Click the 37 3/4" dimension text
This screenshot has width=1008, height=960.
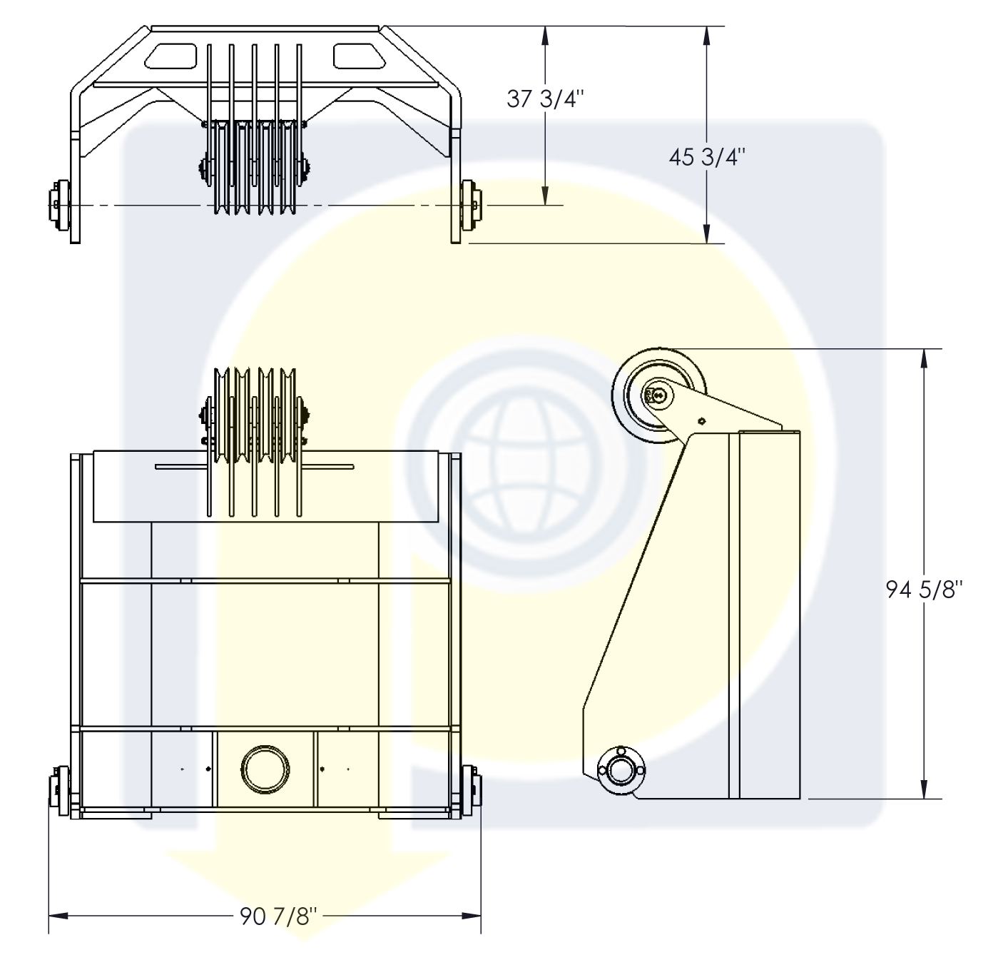point(546,99)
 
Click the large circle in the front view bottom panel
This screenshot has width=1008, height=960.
point(265,769)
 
